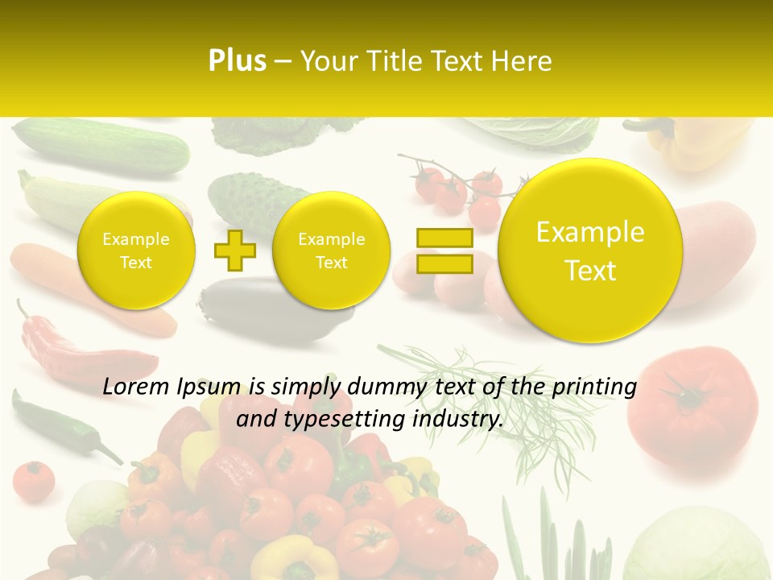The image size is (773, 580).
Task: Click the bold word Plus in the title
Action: click(x=237, y=61)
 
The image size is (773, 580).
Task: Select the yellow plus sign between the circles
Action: click(x=234, y=251)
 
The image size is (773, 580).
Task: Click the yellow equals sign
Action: click(x=444, y=251)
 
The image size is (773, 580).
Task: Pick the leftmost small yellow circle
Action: click(x=136, y=251)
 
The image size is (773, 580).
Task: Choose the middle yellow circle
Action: click(x=331, y=251)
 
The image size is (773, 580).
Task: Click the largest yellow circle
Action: click(x=590, y=251)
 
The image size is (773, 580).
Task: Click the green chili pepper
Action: click(x=56, y=423)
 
